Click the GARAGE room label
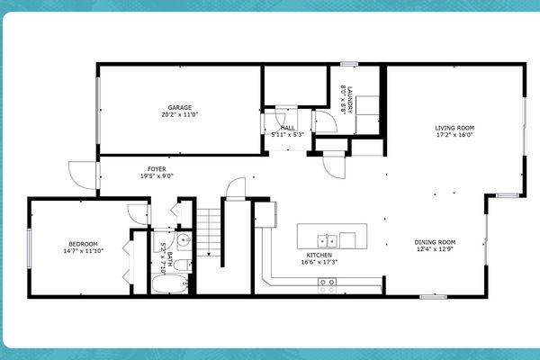point(180,107)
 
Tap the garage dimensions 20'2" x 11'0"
point(180,115)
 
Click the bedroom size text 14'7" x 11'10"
point(84,251)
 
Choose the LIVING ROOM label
point(454,128)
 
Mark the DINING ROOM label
point(436,242)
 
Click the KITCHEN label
point(319,256)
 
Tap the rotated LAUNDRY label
point(352,97)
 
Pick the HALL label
point(288,128)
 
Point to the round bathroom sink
point(183,240)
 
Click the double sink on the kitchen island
point(328,240)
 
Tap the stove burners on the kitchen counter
point(328,285)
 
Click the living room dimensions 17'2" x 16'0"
point(454,136)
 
